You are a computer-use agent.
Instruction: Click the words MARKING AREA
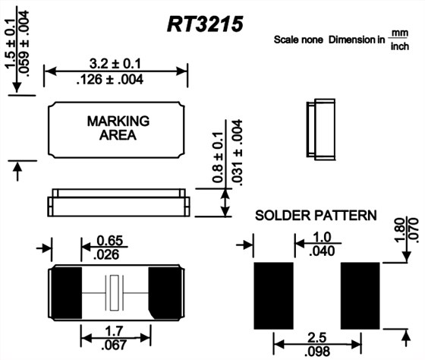(x=118, y=128)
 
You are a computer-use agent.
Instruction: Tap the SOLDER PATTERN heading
(x=315, y=216)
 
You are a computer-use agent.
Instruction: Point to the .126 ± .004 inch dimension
(x=116, y=78)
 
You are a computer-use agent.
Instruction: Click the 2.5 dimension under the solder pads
(x=316, y=336)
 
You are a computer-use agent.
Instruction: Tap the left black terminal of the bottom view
(x=67, y=292)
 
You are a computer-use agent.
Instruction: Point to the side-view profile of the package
(x=117, y=201)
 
